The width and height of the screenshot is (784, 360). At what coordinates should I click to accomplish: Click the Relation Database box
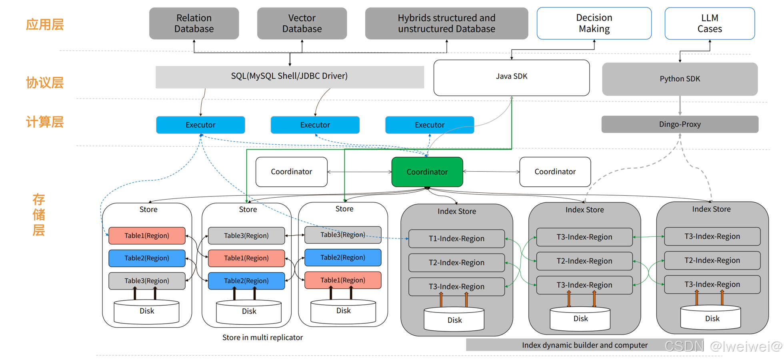194,23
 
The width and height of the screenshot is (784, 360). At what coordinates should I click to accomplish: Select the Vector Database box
302,23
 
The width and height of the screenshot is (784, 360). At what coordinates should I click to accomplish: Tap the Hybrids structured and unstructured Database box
446,23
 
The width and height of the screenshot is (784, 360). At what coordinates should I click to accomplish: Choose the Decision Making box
594,23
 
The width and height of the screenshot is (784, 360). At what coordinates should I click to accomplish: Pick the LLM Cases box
710,23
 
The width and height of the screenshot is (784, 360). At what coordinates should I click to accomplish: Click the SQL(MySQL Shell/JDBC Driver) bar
290,76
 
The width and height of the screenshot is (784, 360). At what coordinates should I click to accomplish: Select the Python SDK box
680,79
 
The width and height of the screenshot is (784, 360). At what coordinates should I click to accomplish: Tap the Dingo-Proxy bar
680,124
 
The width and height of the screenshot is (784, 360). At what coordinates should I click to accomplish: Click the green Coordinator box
427,172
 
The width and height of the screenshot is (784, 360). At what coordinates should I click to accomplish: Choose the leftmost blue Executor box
200,125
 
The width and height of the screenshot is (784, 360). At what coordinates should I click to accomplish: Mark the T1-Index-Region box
456,239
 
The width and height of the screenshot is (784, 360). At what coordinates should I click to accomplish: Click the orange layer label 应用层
45,25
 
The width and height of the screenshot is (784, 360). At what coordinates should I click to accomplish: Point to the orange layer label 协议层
45,83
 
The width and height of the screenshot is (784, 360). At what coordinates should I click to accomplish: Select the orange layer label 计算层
45,122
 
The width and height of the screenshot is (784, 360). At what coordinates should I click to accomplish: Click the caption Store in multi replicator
262,338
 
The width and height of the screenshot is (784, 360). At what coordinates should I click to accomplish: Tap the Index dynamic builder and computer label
584,345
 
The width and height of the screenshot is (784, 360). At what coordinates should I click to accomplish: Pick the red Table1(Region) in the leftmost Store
147,236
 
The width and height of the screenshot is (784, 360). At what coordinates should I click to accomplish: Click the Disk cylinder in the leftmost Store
147,312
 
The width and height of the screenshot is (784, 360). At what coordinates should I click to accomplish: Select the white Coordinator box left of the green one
291,172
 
